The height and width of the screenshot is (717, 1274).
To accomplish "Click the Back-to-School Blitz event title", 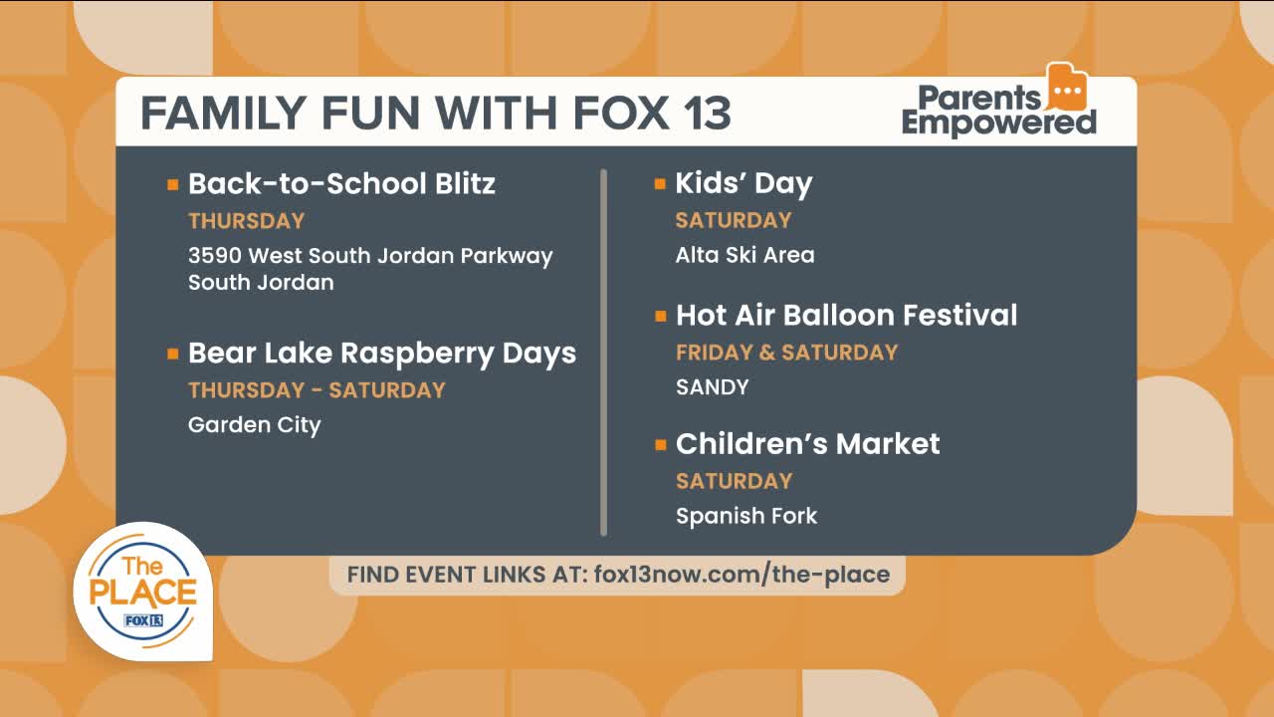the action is coord(341,184).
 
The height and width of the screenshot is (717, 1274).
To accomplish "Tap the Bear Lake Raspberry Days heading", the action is coord(382,354).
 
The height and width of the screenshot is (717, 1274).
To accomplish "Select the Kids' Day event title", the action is coord(743,184).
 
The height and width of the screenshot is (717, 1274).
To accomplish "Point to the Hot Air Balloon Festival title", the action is coord(846,316).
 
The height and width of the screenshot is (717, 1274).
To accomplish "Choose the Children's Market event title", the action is coord(807,444).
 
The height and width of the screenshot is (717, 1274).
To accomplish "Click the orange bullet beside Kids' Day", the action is coord(660,184).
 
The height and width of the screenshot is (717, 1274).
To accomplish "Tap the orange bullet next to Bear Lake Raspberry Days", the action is coord(173,354).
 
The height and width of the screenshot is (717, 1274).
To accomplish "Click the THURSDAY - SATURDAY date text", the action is coord(317,390).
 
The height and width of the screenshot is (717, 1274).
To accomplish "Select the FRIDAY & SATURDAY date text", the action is coord(786,353).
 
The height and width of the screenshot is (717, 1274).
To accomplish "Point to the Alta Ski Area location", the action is coord(744,255).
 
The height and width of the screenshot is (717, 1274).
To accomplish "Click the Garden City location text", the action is coord(254,425).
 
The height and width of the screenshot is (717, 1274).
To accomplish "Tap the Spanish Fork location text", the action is coord(746,516).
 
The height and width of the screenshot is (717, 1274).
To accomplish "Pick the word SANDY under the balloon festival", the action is coord(712,387).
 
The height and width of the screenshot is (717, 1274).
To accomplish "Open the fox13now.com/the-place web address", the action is coord(742,575).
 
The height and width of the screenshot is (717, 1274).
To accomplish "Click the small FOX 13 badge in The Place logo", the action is coord(143,620).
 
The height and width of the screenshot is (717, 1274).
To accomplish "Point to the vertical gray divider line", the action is coord(603,353).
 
